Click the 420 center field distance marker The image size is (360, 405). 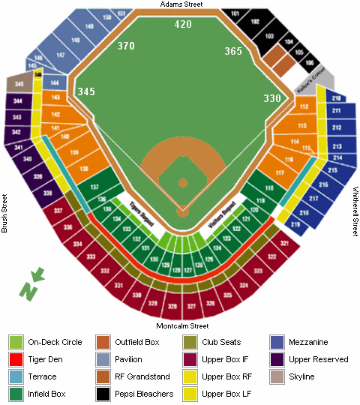tap(183, 24)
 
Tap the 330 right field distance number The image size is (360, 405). tap(272, 98)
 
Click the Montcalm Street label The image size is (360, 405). tap(181, 326)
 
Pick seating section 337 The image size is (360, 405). tap(58, 212)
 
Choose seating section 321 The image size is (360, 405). tap(284, 244)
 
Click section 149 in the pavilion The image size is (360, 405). tap(90, 27)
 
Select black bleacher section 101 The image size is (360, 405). tap(235, 13)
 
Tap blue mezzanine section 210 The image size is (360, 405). tap(336, 98)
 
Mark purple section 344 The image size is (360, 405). tap(16, 100)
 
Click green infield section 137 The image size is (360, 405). tap(94, 186)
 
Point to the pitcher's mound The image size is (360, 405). tap(182, 182)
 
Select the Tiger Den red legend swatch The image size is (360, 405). tap(16, 359)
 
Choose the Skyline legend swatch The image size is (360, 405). tap(277, 376)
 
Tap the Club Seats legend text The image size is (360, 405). tap(220, 342)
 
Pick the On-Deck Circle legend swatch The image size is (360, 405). tap(16, 342)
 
